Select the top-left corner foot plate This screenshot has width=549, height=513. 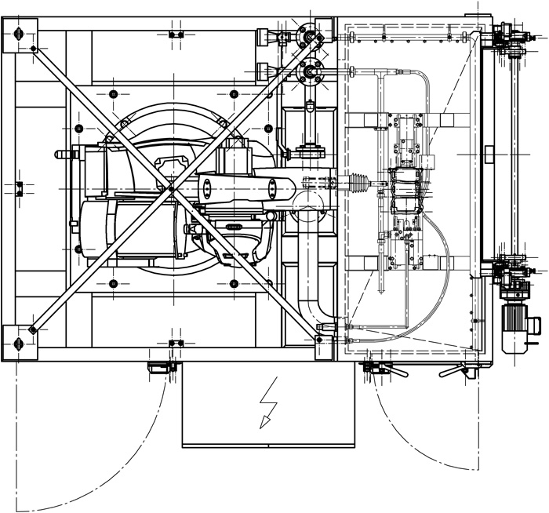(19, 35)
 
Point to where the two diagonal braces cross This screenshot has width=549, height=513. (170, 188)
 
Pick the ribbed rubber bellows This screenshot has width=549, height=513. (359, 183)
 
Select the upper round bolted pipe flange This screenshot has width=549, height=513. (311, 35)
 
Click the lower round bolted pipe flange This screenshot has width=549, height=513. (311, 73)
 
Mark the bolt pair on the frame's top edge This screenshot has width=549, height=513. (176, 35)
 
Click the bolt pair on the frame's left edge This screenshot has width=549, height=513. (20, 187)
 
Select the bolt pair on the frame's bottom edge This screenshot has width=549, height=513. (176, 343)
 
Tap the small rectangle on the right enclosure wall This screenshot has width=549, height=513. (489, 152)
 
